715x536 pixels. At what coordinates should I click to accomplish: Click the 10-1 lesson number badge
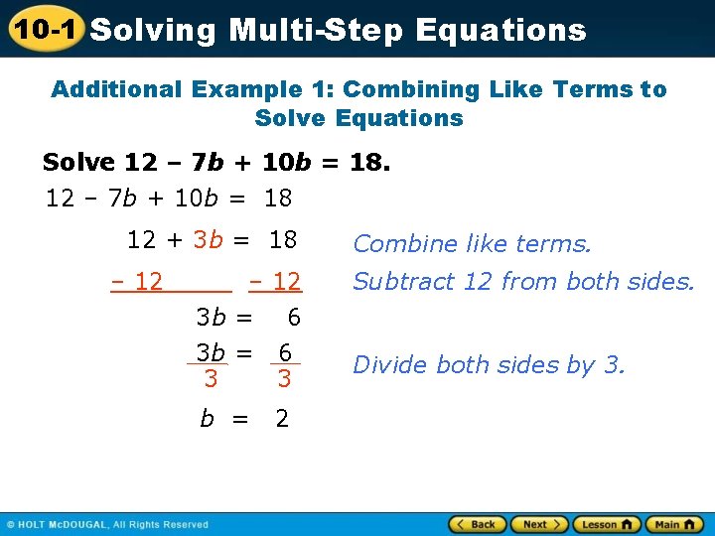[x=45, y=29]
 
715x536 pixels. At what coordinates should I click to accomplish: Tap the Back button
[x=476, y=524]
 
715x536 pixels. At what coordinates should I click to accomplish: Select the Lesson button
[x=606, y=524]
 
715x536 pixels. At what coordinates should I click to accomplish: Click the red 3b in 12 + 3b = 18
[x=208, y=239]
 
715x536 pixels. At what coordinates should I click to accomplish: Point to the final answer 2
[x=282, y=419]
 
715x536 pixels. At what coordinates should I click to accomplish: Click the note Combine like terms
[x=472, y=243]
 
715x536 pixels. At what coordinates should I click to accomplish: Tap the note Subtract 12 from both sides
[x=523, y=281]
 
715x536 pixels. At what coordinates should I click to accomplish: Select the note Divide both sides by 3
[x=489, y=364]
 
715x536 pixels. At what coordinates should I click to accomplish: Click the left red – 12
[x=137, y=281]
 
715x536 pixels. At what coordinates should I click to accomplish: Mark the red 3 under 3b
[x=210, y=378]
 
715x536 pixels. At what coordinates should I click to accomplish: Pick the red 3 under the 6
[x=284, y=378]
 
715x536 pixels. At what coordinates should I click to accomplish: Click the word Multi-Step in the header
[x=318, y=30]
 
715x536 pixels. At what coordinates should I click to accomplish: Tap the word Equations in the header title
[x=500, y=30]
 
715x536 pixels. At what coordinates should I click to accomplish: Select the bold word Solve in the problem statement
[x=80, y=162]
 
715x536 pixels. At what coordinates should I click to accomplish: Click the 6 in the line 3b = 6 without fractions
[x=293, y=318]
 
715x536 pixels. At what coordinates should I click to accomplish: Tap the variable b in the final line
[x=207, y=419]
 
